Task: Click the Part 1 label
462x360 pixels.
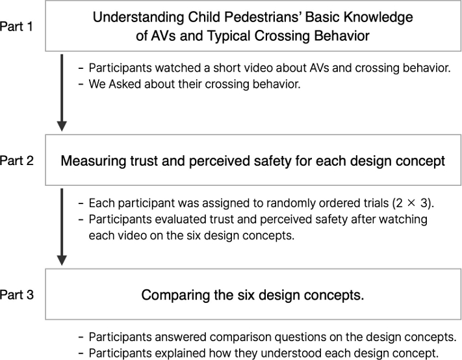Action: (x=16, y=27)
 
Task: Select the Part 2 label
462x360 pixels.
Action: (x=17, y=161)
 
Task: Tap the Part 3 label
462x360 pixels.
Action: (x=17, y=294)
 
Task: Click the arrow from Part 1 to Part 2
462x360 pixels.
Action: (x=62, y=92)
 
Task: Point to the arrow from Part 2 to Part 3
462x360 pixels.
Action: (x=62, y=227)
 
